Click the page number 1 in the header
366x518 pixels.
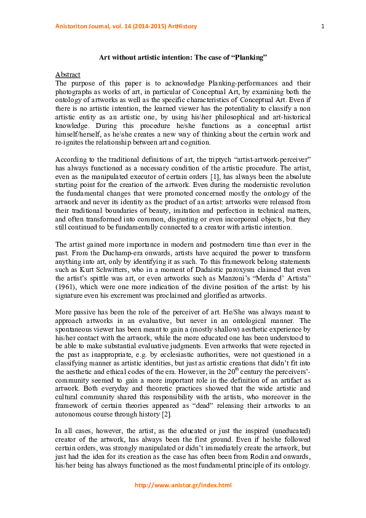pos(322,25)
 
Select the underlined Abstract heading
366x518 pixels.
pos(68,74)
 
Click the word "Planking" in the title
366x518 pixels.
pos(249,57)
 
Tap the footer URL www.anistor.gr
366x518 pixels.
pos(183,485)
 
